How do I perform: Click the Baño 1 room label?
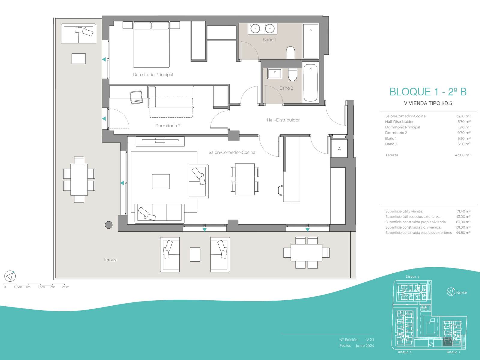269,40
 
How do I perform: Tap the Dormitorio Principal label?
153,75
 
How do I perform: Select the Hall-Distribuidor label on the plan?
283,120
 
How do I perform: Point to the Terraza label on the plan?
110,260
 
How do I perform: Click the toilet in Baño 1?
290,53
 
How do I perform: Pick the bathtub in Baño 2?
310,82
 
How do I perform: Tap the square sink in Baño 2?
275,74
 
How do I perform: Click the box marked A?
339,148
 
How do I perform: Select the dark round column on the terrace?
109,225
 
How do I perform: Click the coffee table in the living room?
161,181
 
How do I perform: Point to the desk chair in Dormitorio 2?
136,97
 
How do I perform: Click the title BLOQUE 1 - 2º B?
428,92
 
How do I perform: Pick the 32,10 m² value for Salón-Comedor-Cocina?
463,116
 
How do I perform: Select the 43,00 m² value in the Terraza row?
463,155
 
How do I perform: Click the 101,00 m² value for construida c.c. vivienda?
463,227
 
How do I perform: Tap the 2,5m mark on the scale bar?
66,287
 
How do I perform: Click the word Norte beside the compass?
461,292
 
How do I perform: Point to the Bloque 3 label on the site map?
412,277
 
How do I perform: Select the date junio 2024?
365,346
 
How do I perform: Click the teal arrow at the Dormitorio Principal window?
104,59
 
